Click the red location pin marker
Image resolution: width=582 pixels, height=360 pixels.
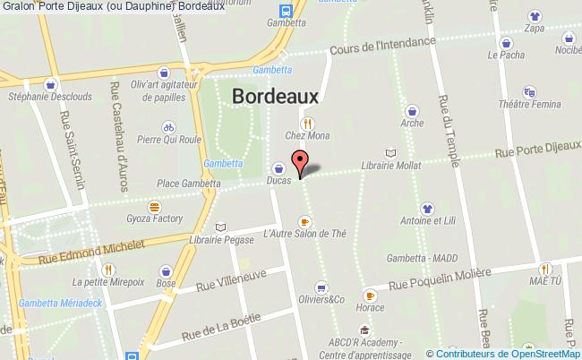pos(302,163)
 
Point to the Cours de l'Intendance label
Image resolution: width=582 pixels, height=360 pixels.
pos(381,46)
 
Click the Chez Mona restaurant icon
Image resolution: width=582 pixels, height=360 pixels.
pos(307,124)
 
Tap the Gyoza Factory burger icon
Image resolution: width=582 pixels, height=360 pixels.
pos(155,206)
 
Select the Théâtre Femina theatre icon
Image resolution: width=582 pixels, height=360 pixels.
pos(529,91)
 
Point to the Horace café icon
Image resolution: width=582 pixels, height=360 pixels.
pos(369,295)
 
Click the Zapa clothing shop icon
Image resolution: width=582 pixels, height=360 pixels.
pos(535,15)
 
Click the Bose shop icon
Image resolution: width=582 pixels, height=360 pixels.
pos(166,270)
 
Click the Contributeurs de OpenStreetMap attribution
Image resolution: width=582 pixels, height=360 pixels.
pos(508,353)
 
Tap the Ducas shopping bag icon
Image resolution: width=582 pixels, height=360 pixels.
pos(278,168)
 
